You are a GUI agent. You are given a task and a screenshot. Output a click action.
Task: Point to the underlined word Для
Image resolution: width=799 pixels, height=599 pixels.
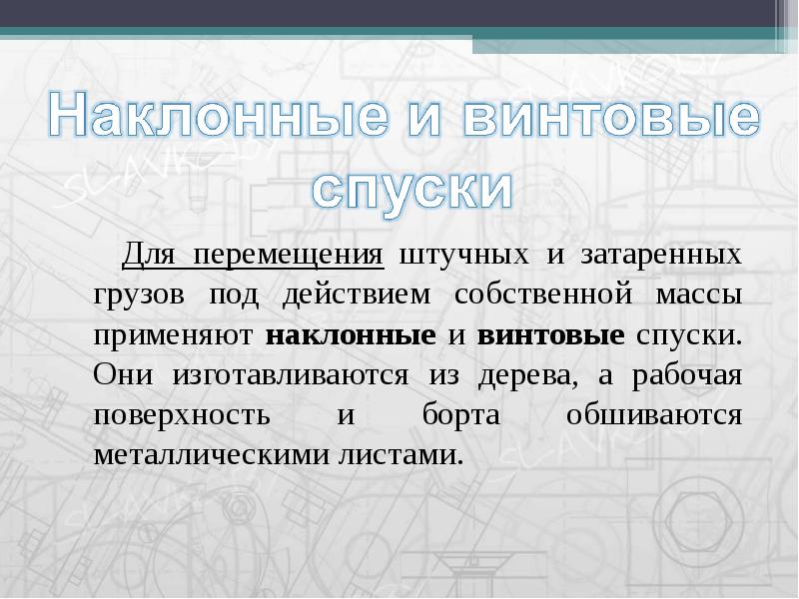pyautogui.click(x=151, y=254)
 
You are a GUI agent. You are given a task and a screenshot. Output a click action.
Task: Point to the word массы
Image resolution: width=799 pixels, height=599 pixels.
pyautogui.click(x=699, y=296)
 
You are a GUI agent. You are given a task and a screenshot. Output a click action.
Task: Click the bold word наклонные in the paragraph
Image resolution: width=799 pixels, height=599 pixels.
pyautogui.click(x=351, y=335)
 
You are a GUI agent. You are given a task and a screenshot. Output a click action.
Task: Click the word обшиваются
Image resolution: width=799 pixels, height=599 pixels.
pyautogui.click(x=654, y=415)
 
